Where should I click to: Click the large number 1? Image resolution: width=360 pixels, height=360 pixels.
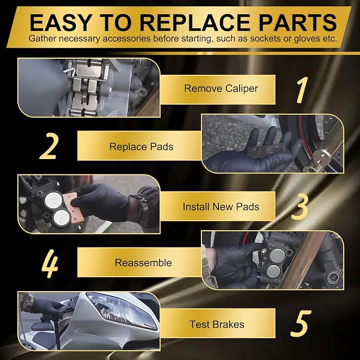[302, 90]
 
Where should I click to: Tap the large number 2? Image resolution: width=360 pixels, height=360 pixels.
[48, 146]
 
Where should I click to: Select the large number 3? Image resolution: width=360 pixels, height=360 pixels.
[300, 206]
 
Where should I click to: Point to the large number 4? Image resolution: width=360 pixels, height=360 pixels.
[50, 263]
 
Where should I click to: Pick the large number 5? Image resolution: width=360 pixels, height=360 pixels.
[301, 323]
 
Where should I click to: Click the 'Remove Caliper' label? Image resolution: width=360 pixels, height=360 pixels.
[221, 89]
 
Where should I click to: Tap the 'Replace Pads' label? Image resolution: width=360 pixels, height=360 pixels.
[141, 147]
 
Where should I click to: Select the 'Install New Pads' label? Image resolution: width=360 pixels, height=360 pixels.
[221, 207]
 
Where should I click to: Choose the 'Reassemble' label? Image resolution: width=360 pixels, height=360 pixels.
[143, 262]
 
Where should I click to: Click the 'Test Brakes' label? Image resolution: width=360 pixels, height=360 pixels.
[217, 324]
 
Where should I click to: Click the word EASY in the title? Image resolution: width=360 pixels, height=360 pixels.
[62, 22]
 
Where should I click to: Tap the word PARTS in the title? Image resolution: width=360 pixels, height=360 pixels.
[298, 22]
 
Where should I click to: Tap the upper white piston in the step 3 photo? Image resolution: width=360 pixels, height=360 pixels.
[53, 200]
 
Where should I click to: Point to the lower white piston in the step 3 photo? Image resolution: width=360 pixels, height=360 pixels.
[61, 218]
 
